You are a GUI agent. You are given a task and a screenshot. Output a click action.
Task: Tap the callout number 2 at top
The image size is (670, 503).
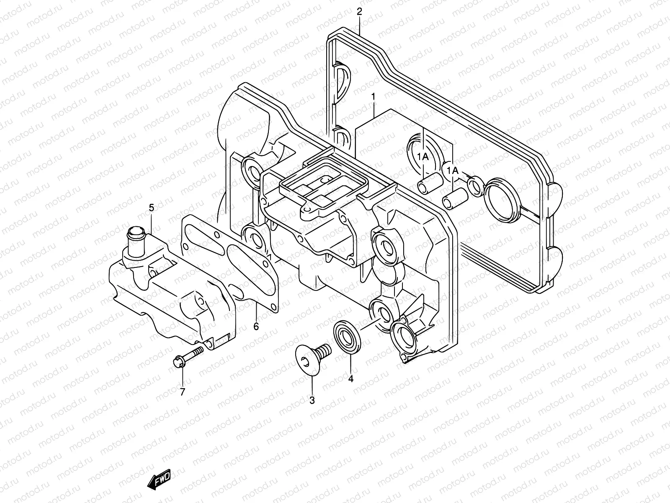pyautogui.click(x=359, y=11)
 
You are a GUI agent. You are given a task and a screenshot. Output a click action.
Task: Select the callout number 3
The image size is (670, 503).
pyautogui.click(x=312, y=400)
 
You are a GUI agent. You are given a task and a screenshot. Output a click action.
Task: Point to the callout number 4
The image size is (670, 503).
pyautogui.click(x=351, y=379)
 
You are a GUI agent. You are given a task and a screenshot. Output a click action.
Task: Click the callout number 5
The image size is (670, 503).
pyautogui.click(x=151, y=207)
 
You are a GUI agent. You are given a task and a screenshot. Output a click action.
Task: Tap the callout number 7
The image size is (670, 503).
pyautogui.click(x=182, y=392)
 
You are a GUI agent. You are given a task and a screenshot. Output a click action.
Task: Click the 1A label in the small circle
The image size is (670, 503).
pyautogui.click(x=452, y=170)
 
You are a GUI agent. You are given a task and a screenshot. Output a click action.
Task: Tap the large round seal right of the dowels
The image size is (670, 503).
pyautogui.click(x=502, y=200)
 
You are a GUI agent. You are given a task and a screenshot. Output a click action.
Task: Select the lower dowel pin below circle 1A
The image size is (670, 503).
pyautogui.click(x=454, y=198)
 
